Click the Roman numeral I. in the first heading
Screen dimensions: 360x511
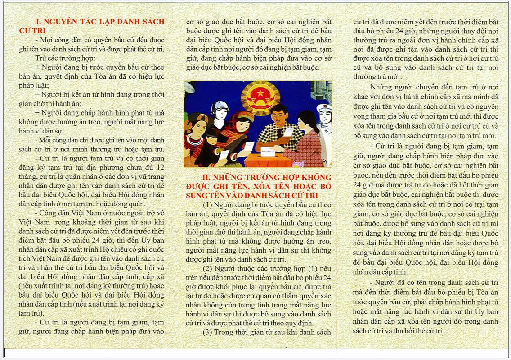(x=38, y=22)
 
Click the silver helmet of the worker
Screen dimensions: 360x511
(x=219, y=107)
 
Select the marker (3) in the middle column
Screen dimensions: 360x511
(x=207, y=332)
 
